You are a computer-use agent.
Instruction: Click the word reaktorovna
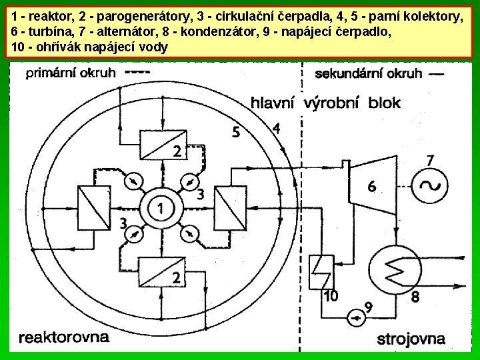pyautogui.click(x=63, y=337)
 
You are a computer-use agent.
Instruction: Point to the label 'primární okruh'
pyautogui.click(x=71, y=73)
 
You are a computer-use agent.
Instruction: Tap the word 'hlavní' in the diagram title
pyautogui.click(x=274, y=102)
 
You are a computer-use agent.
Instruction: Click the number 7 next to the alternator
pyautogui.click(x=430, y=161)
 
